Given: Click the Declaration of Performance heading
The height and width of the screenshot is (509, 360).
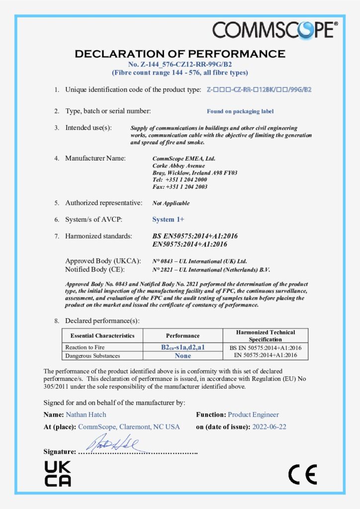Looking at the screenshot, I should [180, 54].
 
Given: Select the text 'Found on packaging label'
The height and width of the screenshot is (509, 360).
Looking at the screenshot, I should [240, 111].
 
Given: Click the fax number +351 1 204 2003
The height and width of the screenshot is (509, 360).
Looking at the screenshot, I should [180, 187].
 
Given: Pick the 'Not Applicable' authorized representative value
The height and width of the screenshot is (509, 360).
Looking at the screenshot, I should [171, 203].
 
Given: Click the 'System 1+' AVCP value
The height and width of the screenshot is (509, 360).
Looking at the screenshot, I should [168, 219].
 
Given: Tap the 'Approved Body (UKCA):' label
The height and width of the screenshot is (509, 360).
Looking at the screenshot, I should [103, 261].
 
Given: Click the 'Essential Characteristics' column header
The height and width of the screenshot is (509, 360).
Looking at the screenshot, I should [102, 336].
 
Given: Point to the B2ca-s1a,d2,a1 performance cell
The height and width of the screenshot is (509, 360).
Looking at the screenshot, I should [183, 347].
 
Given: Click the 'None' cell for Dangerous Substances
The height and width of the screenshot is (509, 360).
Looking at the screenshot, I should [183, 355].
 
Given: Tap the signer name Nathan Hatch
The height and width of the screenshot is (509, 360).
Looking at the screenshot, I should [86, 415].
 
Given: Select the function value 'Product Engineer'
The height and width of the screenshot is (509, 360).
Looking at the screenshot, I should [253, 415].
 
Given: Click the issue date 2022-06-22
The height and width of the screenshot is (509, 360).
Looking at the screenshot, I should [269, 427].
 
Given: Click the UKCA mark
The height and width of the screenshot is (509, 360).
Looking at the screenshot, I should [58, 473].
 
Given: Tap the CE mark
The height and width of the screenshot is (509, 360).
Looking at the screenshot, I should [302, 475].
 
